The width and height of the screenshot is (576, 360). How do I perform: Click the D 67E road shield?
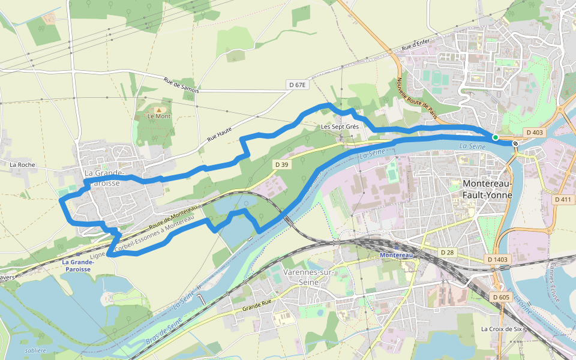[297, 85]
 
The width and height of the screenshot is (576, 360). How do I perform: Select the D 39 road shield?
[282, 164]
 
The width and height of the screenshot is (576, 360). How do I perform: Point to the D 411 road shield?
[563, 199]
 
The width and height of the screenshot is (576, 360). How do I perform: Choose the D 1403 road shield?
[497, 259]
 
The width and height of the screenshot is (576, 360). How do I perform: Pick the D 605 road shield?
[500, 297]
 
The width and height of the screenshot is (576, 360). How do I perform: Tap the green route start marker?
[495, 137]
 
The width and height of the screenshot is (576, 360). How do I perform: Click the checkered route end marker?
[515, 143]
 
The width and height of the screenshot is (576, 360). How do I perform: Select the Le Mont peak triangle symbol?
[158, 110]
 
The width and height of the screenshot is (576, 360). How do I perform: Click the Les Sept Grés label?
[339, 127]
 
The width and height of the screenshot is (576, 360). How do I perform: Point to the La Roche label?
[22, 164]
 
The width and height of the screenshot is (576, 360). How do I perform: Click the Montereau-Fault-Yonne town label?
[487, 189]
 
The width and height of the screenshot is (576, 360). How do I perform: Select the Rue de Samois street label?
[181, 85]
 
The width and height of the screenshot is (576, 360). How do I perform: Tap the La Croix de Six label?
[502, 329]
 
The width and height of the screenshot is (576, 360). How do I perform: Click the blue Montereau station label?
[397, 255]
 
